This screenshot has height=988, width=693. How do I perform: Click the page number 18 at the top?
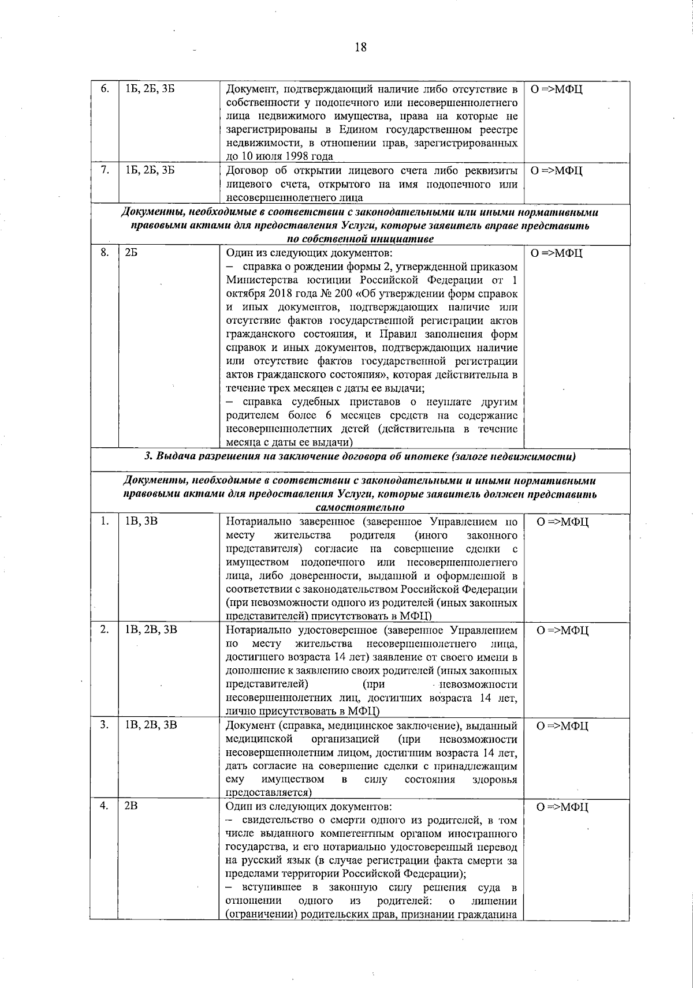click(x=360, y=47)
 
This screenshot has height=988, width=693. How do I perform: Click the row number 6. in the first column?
click(x=104, y=89)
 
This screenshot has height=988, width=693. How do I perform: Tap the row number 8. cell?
click(x=104, y=253)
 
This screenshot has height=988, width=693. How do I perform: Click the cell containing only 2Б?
click(x=131, y=253)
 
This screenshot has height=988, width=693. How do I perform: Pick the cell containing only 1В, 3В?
click(x=141, y=522)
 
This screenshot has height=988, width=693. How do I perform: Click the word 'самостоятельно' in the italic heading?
click(x=360, y=507)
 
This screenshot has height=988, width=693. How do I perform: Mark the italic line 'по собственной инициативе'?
click(x=360, y=238)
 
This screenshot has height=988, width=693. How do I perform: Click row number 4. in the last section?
click(x=104, y=807)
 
